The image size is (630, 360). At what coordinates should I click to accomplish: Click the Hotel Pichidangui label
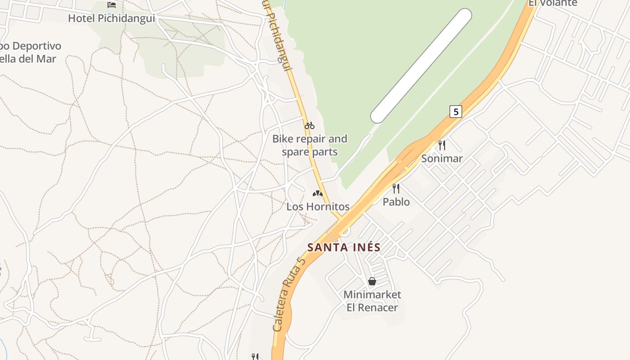tap(111, 18)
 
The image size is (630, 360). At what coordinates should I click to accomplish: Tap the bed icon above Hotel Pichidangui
tap(112, 5)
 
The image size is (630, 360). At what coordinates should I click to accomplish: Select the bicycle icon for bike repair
tap(310, 126)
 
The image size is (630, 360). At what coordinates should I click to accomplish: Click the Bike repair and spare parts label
tap(310, 145)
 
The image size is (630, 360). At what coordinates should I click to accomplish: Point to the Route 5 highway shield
tap(456, 112)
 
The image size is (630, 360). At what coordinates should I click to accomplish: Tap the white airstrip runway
tap(421, 66)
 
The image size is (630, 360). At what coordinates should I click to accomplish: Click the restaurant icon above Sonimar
tap(442, 145)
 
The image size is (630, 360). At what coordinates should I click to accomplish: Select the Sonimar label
tap(442, 158)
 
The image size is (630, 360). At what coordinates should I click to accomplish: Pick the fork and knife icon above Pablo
tap(396, 188)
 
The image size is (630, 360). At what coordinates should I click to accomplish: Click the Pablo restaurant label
tap(396, 202)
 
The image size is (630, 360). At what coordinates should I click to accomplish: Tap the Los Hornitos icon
tap(318, 193)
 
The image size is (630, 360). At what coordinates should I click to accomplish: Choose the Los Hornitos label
tap(318, 207)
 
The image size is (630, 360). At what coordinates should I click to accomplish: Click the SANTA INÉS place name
tap(344, 247)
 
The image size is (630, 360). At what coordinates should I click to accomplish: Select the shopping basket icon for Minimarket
tap(372, 281)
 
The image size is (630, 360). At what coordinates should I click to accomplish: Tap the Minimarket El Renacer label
tap(372, 301)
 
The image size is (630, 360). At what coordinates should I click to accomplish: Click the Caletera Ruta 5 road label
tap(288, 294)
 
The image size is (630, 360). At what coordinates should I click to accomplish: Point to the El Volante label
tap(553, 3)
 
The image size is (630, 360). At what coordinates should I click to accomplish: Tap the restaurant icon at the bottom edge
tap(255, 356)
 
